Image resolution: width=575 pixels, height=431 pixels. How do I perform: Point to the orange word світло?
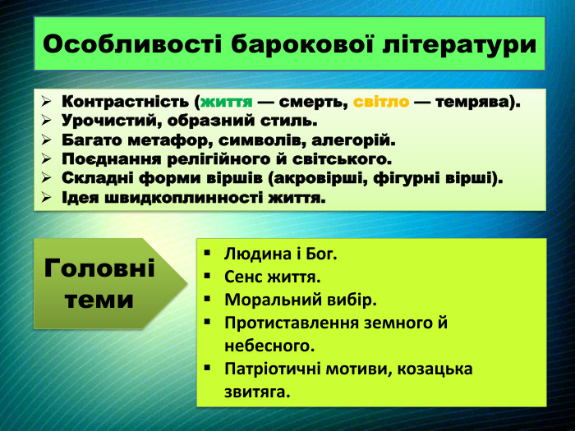coord(381,103)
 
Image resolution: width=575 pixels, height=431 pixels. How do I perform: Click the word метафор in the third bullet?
coord(159,140)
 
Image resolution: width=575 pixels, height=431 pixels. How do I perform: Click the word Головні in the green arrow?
coord(99,268)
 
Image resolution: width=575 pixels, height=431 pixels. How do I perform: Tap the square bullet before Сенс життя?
coord(209,277)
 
